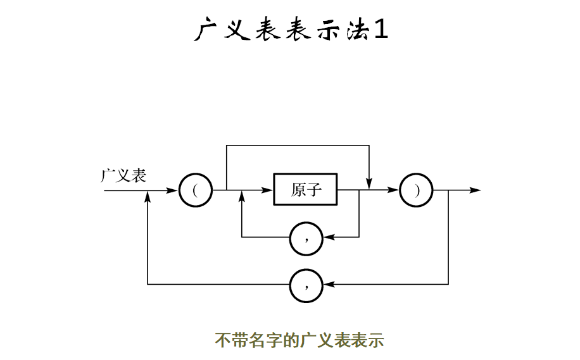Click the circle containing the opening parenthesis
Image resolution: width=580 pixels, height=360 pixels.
point(195,190)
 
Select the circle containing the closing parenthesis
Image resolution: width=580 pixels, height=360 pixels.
point(417,190)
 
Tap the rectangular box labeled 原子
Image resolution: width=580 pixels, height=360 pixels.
point(306,189)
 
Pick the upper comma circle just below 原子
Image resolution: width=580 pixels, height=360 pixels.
point(306,238)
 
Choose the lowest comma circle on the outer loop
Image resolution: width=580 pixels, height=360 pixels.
point(306,285)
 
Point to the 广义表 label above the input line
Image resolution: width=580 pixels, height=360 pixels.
point(123,175)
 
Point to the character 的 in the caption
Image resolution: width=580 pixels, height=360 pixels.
point(290,340)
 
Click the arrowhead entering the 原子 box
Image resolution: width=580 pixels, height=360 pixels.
point(267,190)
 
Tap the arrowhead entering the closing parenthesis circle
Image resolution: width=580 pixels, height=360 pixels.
point(394,190)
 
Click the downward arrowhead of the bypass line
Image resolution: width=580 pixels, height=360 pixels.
point(369,183)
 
